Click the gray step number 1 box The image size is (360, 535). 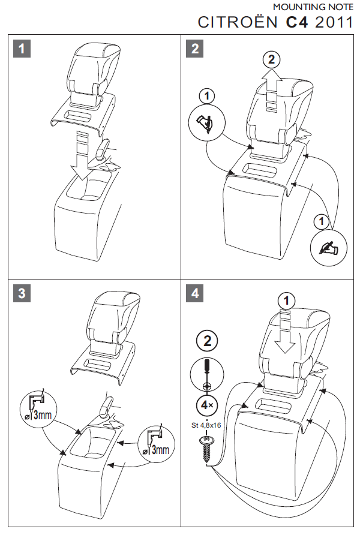pyautogui.click(x=22, y=49)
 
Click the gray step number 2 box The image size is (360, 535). pyautogui.click(x=195, y=49)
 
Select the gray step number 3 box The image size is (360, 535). pyautogui.click(x=22, y=293)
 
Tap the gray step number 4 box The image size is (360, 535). pyautogui.click(x=195, y=293)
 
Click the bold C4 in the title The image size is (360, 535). pyautogui.click(x=297, y=22)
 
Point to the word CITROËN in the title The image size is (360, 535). pyautogui.click(x=238, y=22)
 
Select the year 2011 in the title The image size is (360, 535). pyautogui.click(x=334, y=22)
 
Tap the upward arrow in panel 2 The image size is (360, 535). pyautogui.click(x=272, y=91)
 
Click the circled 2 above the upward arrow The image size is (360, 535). pyautogui.click(x=272, y=59)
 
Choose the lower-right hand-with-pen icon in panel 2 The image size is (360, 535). pyautogui.click(x=329, y=247)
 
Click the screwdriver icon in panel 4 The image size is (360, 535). pyautogui.click(x=207, y=375)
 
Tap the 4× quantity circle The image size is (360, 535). pyautogui.click(x=207, y=405)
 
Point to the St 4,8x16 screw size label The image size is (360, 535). pyautogui.click(x=206, y=425)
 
